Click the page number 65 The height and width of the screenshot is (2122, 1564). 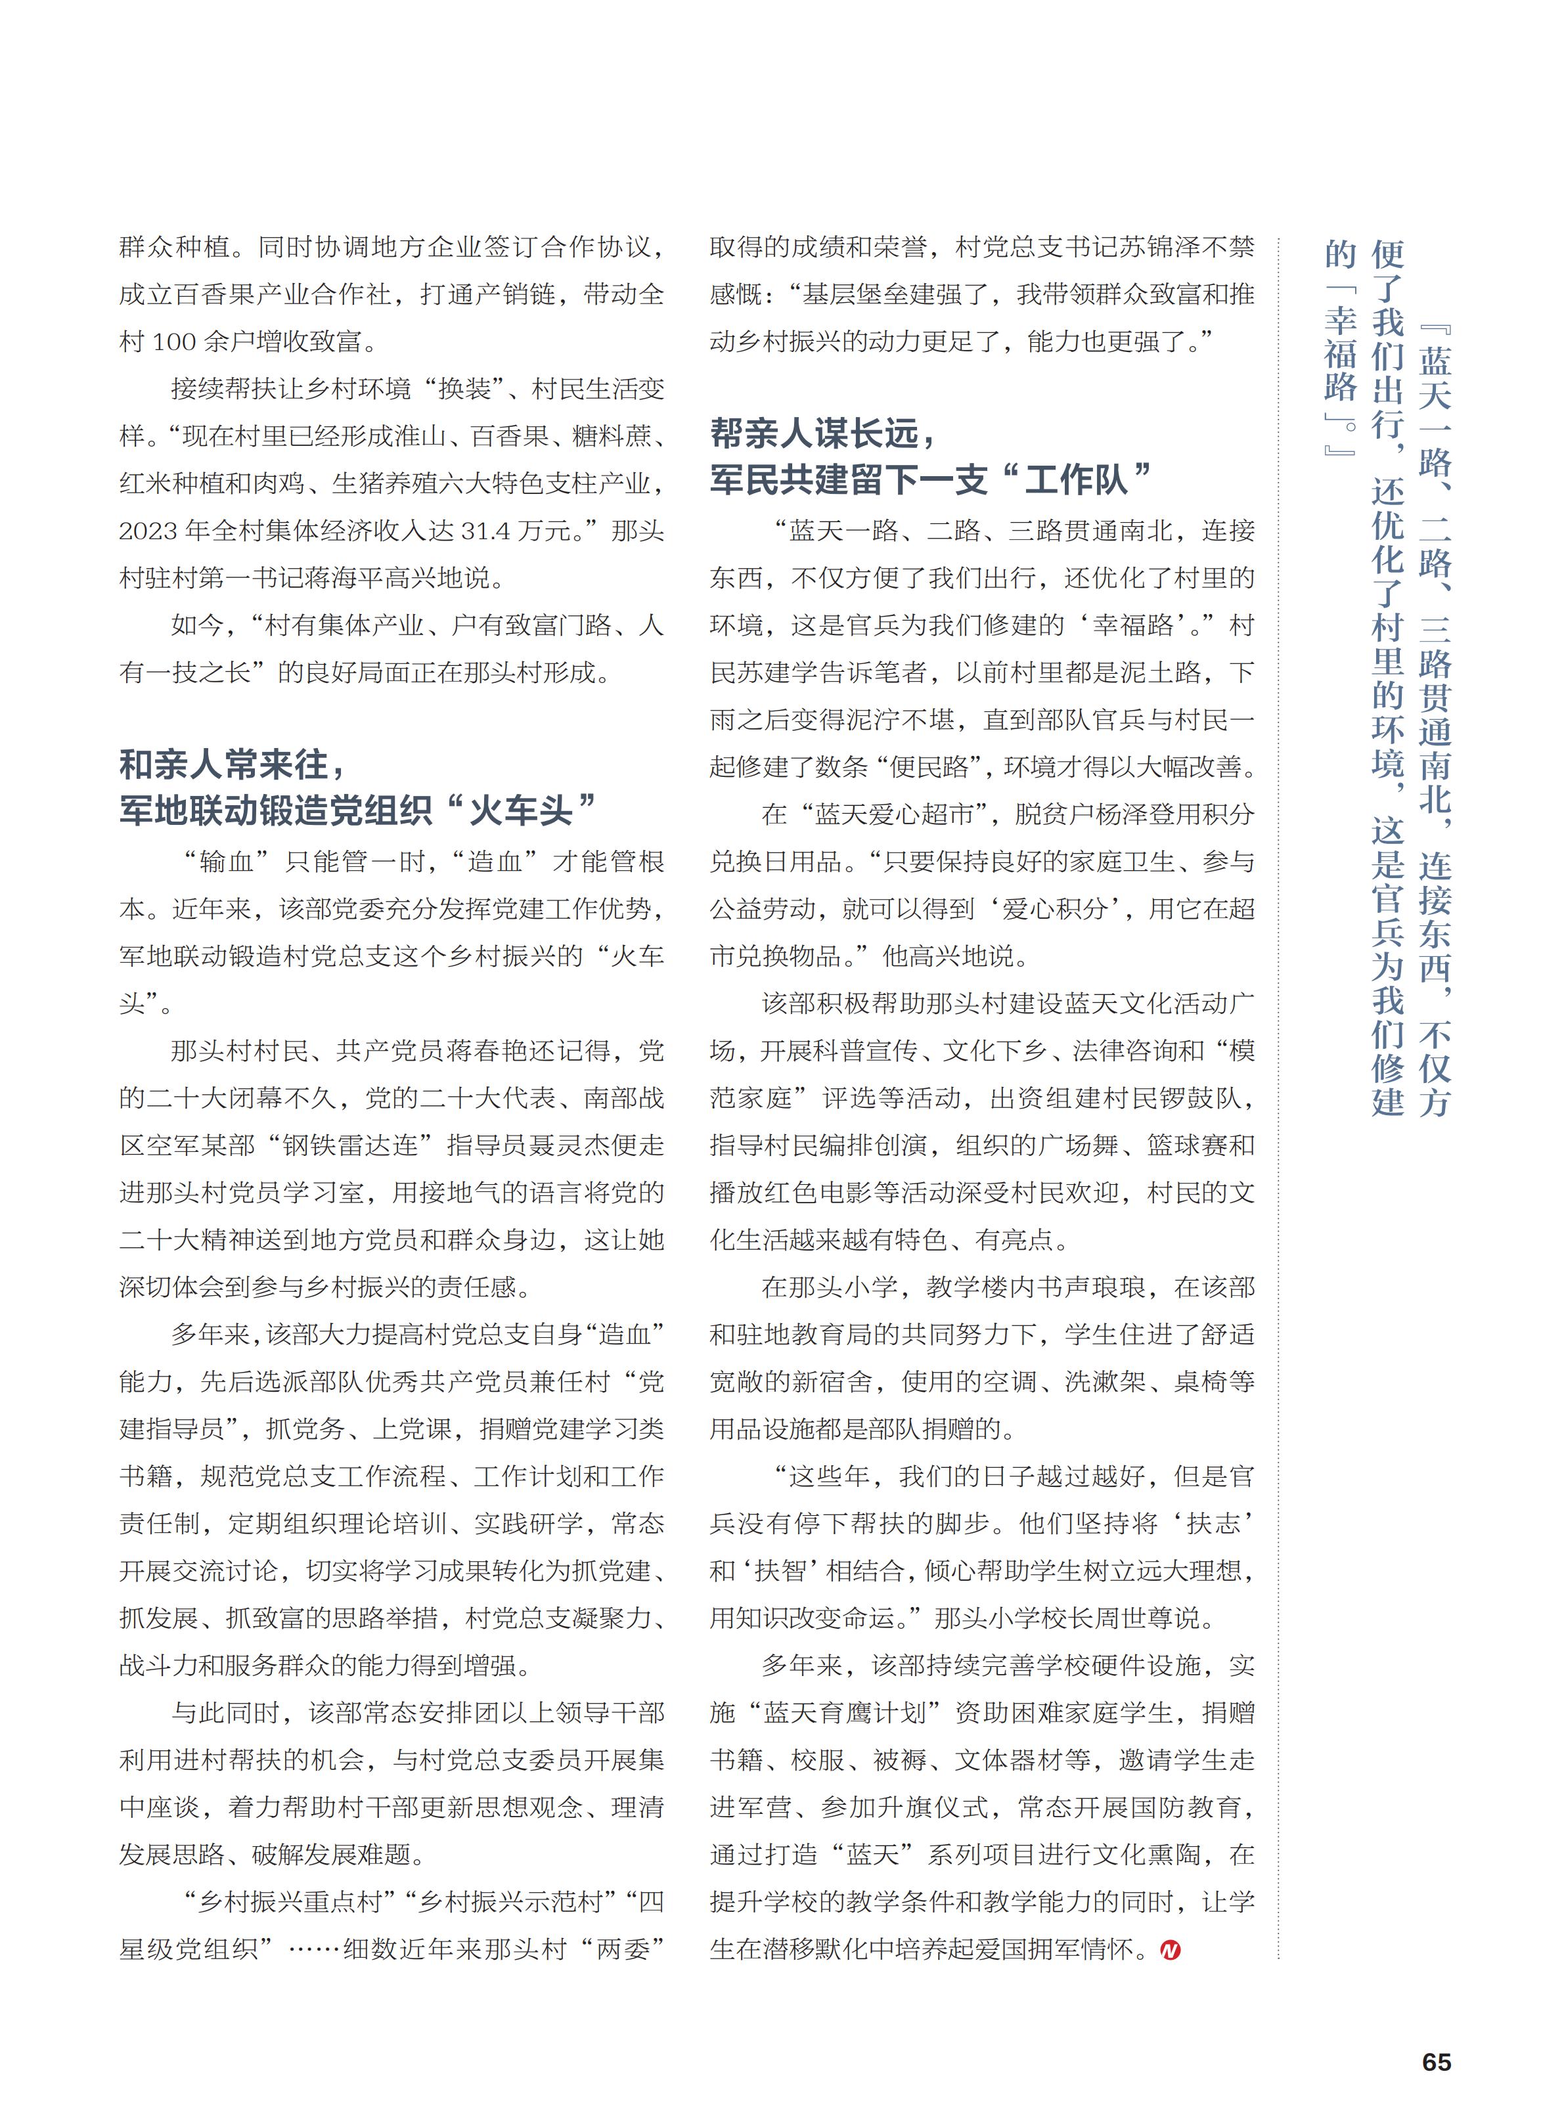tap(1435, 2062)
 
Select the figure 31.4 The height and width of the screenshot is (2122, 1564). tap(491, 531)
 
